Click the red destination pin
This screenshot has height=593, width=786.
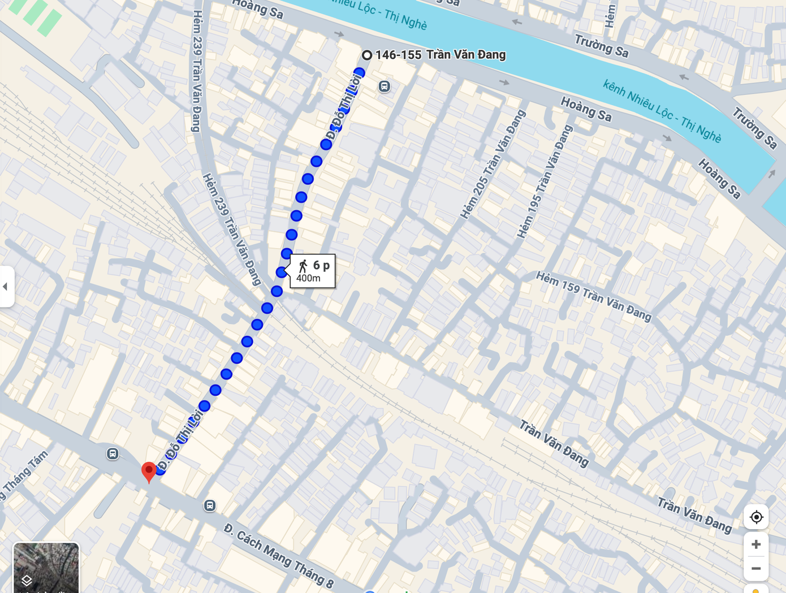(149, 471)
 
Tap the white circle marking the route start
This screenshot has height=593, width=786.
(367, 55)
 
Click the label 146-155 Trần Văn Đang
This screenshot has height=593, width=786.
(440, 55)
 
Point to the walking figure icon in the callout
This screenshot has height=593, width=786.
(304, 266)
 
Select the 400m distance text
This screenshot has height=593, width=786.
(308, 278)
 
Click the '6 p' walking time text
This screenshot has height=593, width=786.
(321, 265)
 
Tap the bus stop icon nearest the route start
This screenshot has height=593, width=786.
(385, 86)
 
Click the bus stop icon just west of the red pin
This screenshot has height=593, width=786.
(113, 453)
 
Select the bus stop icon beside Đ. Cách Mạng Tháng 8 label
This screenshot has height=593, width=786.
(210, 505)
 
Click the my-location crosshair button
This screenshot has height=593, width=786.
(756, 517)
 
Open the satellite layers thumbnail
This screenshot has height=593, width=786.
(46, 568)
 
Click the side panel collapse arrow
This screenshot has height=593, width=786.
(6, 287)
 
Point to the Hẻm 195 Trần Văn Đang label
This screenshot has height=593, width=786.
(545, 181)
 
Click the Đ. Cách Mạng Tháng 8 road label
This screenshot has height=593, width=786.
(279, 556)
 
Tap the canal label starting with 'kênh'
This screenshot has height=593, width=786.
(662, 111)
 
